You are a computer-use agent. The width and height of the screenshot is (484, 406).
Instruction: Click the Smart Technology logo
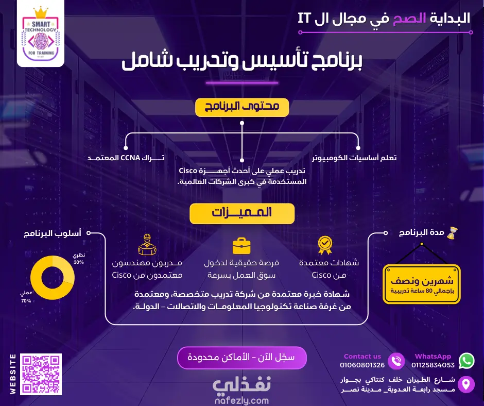point(41,33)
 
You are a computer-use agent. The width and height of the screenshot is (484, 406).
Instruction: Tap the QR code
point(41,374)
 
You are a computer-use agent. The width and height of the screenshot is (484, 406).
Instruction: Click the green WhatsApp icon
point(466,361)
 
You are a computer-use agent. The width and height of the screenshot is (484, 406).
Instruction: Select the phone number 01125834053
point(433,365)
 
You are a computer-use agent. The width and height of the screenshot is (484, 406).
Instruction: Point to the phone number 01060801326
point(362,365)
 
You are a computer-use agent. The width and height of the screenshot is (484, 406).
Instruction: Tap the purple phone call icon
point(396,361)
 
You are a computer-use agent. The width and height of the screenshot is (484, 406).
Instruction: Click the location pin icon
point(466,384)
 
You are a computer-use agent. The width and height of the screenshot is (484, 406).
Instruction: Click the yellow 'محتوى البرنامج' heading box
point(242,107)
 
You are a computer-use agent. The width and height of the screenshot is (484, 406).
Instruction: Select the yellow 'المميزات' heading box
point(242,213)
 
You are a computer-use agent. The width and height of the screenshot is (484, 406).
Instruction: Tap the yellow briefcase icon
point(241,246)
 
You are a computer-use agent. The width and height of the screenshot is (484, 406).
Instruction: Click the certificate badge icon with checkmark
point(325,245)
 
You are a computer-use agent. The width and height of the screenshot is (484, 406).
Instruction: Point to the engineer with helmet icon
point(147,245)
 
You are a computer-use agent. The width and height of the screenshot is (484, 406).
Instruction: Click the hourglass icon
point(452,233)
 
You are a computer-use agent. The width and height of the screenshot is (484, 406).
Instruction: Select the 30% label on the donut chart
point(79,262)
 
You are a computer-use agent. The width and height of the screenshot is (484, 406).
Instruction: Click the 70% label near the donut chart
point(26,301)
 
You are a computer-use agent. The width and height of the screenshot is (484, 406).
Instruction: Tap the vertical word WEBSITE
point(13,374)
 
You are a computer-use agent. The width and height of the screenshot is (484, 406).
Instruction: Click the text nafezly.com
point(241,400)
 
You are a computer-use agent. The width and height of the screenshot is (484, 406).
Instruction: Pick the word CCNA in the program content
point(130,158)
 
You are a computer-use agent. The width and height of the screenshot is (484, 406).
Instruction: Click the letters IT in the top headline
point(304,18)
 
